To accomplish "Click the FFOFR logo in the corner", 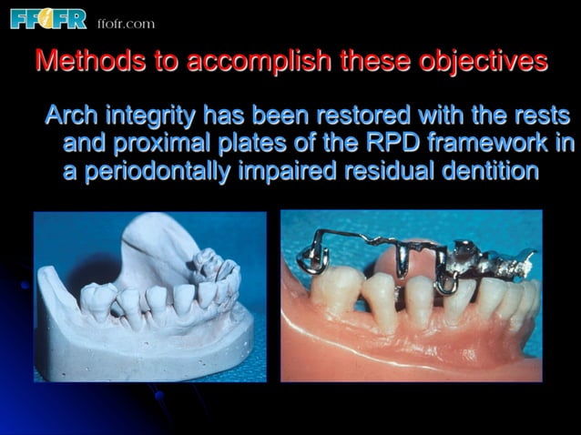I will point(47,18).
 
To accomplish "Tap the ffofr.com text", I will point(126,23).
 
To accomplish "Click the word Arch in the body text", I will point(71,116).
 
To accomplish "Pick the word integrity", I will point(152,117).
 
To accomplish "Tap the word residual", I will point(385,171).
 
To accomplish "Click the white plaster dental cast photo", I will point(150,296).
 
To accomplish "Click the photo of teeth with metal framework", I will point(411,295).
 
